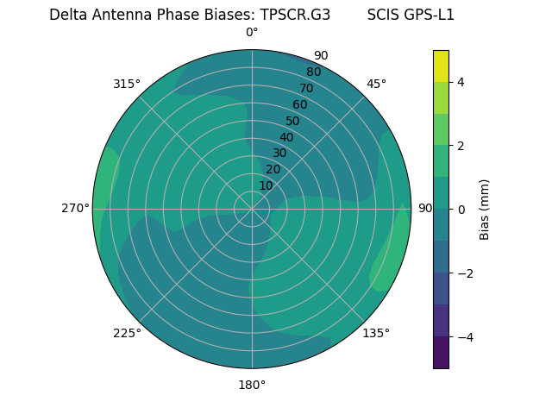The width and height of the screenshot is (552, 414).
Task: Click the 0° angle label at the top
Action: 252,33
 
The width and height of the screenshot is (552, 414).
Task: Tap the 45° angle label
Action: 376,84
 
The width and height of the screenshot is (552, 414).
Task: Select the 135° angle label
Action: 376,333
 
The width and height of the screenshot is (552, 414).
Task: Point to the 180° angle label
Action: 252,385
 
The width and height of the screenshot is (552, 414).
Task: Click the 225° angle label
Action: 127,333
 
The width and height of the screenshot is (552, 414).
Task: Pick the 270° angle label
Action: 75,208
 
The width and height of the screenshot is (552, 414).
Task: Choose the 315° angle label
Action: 127,84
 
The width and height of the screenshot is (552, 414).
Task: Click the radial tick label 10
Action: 266,185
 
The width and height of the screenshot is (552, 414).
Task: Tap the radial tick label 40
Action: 286,137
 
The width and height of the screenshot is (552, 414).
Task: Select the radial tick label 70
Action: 306,88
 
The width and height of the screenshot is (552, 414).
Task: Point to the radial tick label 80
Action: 313,72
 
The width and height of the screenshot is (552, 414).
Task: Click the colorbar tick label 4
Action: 461,82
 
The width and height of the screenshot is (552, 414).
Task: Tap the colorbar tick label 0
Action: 461,209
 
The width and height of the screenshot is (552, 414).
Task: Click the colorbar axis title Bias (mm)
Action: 485,209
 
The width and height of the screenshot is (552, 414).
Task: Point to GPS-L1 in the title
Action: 429,15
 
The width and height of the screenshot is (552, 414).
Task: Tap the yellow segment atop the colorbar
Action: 441,66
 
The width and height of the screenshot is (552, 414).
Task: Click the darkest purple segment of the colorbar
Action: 441,352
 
